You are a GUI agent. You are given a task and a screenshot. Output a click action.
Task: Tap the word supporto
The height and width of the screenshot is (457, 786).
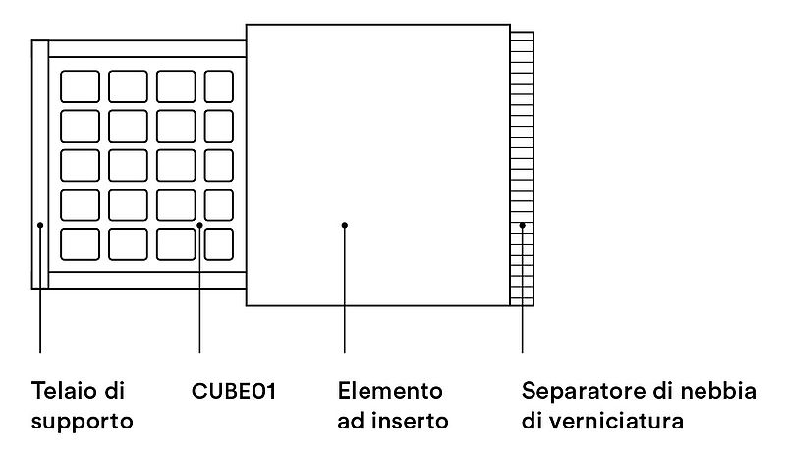click(x=83, y=422)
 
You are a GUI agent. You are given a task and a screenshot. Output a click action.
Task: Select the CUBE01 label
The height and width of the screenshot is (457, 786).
click(x=234, y=391)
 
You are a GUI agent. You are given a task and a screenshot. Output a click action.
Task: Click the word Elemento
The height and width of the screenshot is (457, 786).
click(x=390, y=391)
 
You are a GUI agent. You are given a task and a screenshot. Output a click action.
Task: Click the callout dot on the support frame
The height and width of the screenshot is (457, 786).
click(x=40, y=225)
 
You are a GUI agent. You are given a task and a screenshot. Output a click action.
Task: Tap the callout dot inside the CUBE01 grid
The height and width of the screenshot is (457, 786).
click(x=199, y=225)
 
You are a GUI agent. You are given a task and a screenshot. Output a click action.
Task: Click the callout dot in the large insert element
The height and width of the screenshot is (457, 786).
click(x=345, y=225)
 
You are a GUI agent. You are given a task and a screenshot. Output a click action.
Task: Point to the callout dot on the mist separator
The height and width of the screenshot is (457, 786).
click(x=522, y=225)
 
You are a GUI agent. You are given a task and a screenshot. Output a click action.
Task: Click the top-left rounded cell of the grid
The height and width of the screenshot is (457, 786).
click(x=80, y=86)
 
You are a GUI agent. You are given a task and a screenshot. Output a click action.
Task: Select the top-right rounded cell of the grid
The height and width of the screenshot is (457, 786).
click(x=219, y=86)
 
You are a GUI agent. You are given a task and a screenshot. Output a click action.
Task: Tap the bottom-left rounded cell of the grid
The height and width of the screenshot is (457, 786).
click(x=80, y=245)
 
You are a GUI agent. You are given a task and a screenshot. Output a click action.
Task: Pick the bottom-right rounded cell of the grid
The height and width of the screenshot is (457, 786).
click(x=219, y=245)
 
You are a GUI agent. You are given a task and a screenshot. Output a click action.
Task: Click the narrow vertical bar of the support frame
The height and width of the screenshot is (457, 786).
click(x=40, y=164)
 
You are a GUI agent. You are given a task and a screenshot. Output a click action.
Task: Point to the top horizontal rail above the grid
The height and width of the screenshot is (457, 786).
click(x=147, y=49)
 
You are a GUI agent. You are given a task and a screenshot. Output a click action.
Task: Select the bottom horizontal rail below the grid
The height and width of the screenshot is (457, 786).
click(x=147, y=280)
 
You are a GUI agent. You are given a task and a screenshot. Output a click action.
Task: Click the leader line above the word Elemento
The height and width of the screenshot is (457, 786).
click(x=345, y=289)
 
